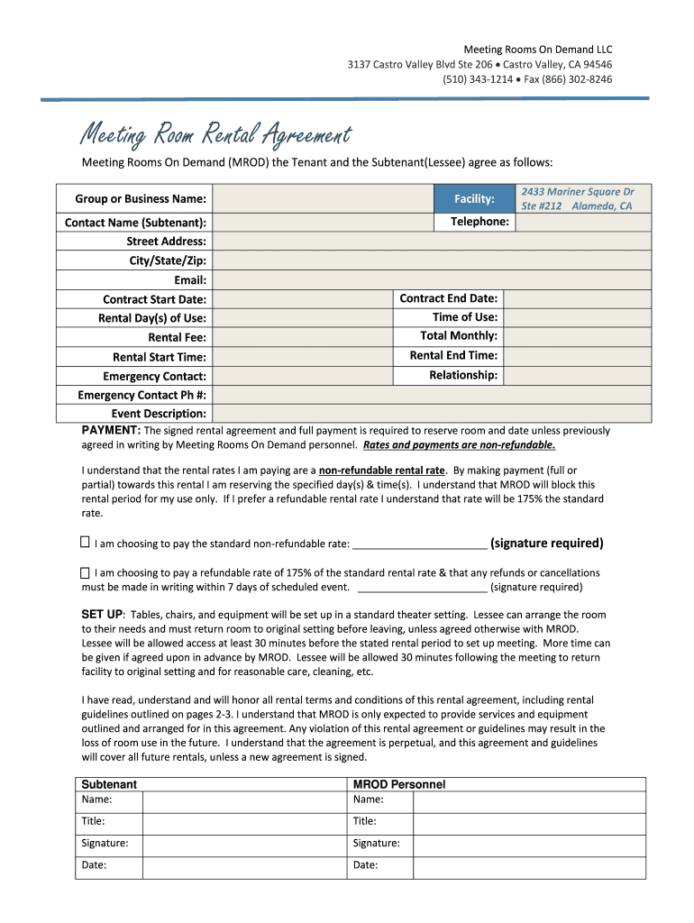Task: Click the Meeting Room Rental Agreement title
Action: tap(215, 135)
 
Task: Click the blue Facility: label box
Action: tap(474, 198)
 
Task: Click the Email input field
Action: tap(432, 279)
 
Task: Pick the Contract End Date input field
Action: tap(576, 298)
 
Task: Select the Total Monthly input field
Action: tap(576, 336)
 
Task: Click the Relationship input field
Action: tap(576, 375)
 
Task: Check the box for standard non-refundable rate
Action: tap(86, 543)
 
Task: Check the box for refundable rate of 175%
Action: tap(86, 572)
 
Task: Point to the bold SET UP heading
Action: tap(103, 614)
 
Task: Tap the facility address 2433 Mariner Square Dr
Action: tap(577, 192)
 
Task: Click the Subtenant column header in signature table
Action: tap(109, 784)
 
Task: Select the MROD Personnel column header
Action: tap(399, 784)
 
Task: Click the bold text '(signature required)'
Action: tap(547, 543)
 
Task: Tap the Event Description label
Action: tap(159, 414)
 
